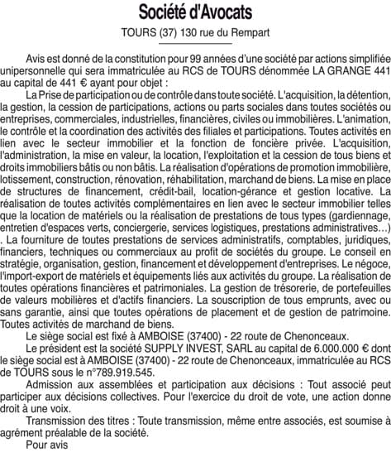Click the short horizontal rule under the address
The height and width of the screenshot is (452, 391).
[195, 46]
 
